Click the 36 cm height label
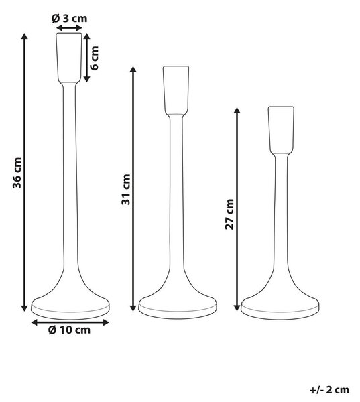[17, 173]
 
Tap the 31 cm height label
[126, 189]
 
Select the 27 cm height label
[229, 214]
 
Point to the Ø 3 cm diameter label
[69, 19]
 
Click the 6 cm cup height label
[95, 58]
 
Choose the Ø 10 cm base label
[69, 330]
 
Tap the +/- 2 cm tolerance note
[329, 390]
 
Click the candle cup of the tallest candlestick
[69, 58]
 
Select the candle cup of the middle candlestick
[176, 90]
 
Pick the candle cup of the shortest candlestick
[281, 130]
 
